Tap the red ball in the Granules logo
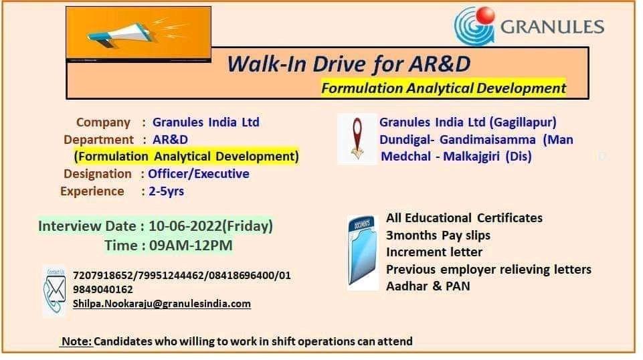tap(485, 15)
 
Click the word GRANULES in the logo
tap(552, 27)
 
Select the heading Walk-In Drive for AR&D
tap(349, 64)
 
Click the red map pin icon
tap(357, 138)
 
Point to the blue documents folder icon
tap(363, 252)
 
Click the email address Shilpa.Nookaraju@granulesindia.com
tap(161, 304)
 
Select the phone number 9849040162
tap(103, 290)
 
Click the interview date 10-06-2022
tap(185, 226)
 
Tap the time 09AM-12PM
tap(191, 246)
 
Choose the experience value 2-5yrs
tap(166, 191)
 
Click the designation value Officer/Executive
tap(199, 174)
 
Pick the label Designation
tap(98, 174)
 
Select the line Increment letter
tap(434, 252)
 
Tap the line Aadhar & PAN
tap(428, 286)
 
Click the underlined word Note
tap(77, 341)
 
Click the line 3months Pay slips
tap(438, 236)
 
